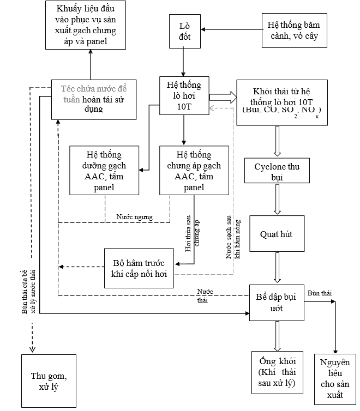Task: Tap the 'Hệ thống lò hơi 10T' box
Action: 184,96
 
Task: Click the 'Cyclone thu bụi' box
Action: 278,170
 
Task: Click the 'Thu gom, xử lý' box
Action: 46,381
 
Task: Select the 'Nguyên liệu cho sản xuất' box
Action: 335,378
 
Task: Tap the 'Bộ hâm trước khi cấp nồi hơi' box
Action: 139,268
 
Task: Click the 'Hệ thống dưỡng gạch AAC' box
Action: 104,170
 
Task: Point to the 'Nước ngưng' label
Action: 134,216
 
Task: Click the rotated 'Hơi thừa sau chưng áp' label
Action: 192,232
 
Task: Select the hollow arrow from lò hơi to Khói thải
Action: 223,98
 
